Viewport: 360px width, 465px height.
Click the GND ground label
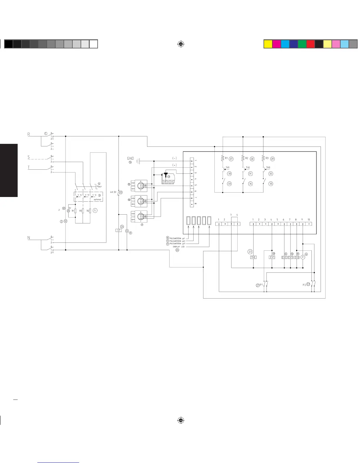130,159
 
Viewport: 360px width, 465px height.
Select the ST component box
119,230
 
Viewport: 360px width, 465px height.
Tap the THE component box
253,257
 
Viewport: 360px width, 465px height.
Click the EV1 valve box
272,257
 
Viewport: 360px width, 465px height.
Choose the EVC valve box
284,257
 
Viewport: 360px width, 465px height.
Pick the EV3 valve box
291,257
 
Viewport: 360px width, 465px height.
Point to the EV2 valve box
297,257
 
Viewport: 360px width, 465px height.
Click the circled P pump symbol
303,257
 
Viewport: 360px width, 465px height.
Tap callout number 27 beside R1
231,159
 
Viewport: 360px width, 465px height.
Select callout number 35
271,184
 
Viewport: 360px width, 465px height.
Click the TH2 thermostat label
248,168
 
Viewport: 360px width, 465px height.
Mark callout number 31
250,173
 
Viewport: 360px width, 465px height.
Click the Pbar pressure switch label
99,186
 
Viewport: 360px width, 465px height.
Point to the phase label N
29,238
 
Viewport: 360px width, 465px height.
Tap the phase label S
29,157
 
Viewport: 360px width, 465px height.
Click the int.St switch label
114,192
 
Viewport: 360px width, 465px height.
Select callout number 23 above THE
250,252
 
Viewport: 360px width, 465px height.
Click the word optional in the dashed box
97,199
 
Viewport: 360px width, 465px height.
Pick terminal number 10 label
309,220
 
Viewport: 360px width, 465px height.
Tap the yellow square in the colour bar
268,44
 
